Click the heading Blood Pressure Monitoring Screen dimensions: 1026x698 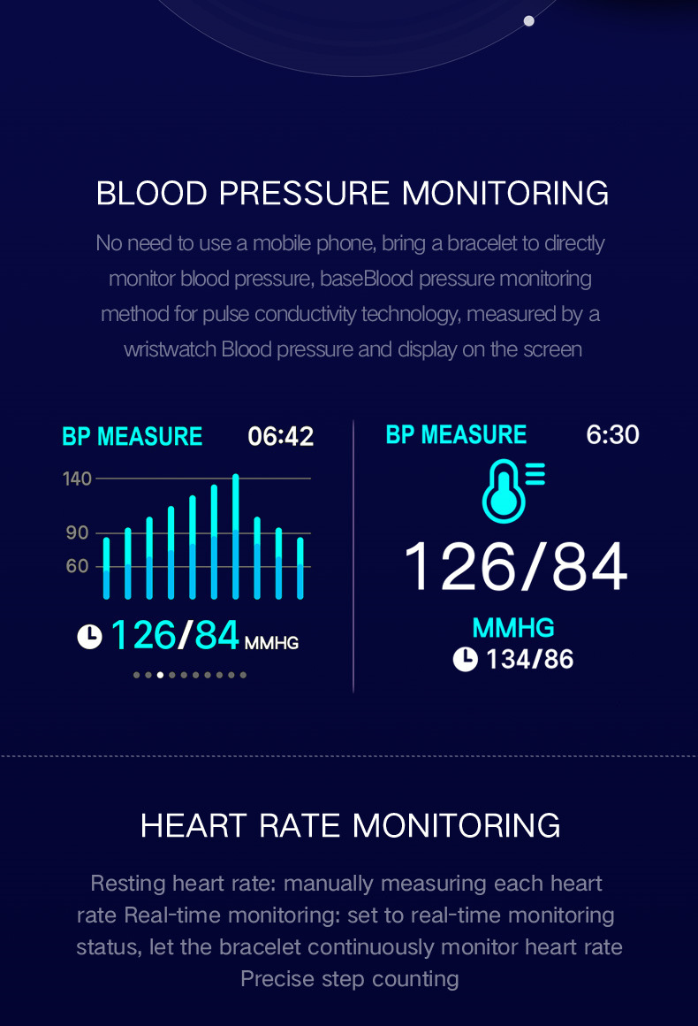[352, 193]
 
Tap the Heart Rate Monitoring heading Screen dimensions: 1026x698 [350, 825]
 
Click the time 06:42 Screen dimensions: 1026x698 [280, 436]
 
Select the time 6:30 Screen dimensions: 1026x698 [612, 434]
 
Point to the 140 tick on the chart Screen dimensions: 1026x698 [77, 479]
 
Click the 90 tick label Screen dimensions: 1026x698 [77, 532]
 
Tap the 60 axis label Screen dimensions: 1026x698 [77, 566]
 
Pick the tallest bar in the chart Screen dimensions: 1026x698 [236, 536]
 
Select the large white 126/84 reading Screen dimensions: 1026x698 [516, 567]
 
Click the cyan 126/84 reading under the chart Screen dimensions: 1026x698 [175, 635]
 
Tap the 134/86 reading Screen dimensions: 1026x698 [529, 659]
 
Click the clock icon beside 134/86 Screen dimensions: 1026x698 [465, 659]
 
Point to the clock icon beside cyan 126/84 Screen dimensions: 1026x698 [89, 636]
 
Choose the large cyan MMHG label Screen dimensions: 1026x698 [513, 628]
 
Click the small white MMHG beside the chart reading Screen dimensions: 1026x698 [271, 643]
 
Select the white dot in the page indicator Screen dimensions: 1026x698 [160, 675]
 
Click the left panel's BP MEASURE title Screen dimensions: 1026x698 [133, 437]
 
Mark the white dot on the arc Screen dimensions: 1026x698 [528, 20]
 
